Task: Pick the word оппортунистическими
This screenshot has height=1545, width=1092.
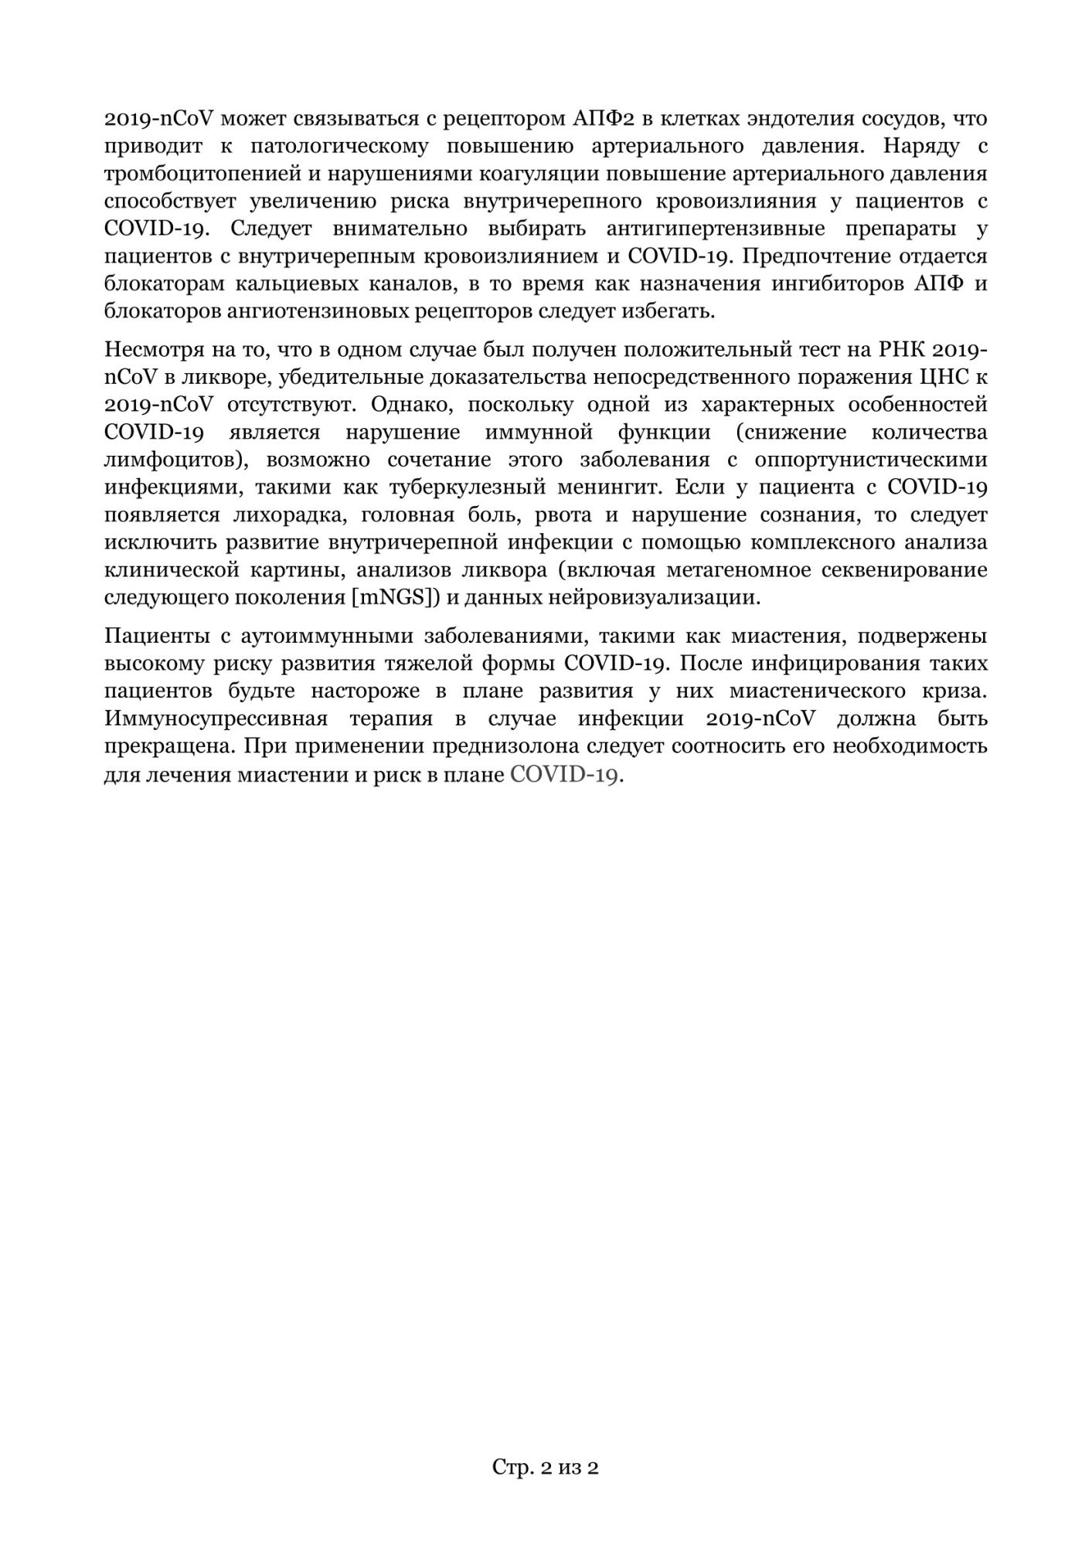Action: (x=871, y=460)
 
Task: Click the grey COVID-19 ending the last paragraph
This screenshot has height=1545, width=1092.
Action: (x=564, y=775)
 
